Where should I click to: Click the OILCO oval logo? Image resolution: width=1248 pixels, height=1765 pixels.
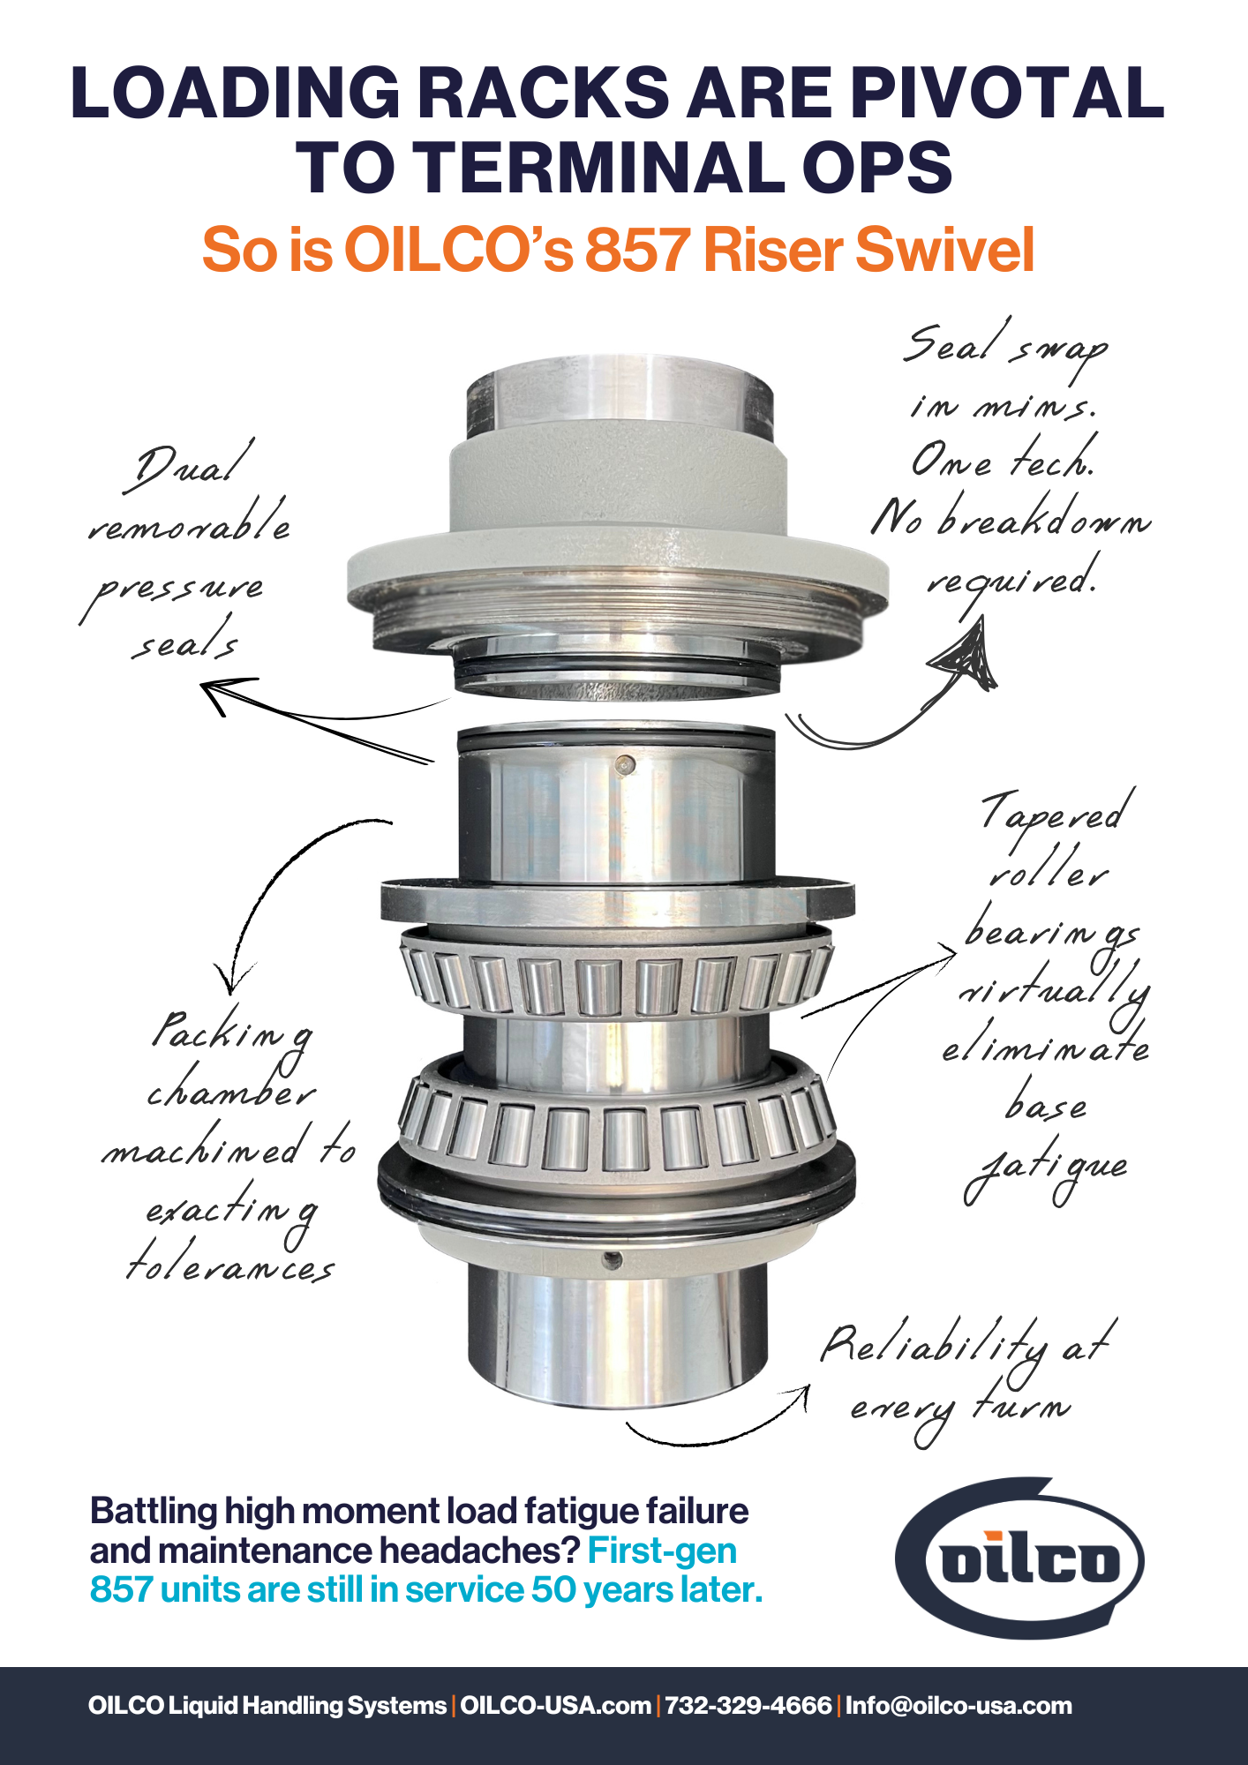[1020, 1559]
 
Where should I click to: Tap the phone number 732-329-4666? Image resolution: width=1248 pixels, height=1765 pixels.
[748, 1705]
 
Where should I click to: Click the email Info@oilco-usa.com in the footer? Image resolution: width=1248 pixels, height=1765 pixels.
[959, 1705]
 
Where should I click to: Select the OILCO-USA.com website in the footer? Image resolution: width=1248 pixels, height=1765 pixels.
[555, 1705]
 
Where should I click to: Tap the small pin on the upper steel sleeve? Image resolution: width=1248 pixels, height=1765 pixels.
[625, 765]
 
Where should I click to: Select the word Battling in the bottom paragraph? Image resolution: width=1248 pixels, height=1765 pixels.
[154, 1511]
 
